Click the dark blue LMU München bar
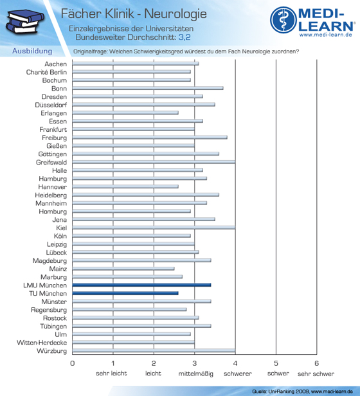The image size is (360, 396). tap(141, 285)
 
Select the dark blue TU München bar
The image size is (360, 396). tap(125, 293)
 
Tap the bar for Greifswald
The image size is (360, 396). tap(154, 162)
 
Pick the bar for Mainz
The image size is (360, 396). tap(123, 269)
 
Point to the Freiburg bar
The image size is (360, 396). tap(150, 138)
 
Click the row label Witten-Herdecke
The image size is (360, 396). tap(42, 343)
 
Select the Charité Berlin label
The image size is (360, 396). tap(46, 72)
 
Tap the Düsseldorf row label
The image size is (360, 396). tap(51, 105)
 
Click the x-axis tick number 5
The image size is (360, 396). tap(276, 363)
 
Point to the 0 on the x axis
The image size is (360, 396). tap(73, 363)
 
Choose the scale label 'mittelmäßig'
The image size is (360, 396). tap(196, 373)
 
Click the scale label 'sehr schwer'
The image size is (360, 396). tap(316, 373)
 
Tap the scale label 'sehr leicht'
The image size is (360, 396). tap(111, 373)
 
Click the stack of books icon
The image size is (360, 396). tap(24, 21)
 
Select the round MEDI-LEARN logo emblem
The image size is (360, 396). tap(283, 20)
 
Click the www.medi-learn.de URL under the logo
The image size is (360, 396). tap(326, 35)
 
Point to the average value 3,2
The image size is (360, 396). tap(184, 37)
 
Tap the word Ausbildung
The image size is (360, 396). tap(32, 51)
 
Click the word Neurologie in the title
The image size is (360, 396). tap(175, 14)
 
